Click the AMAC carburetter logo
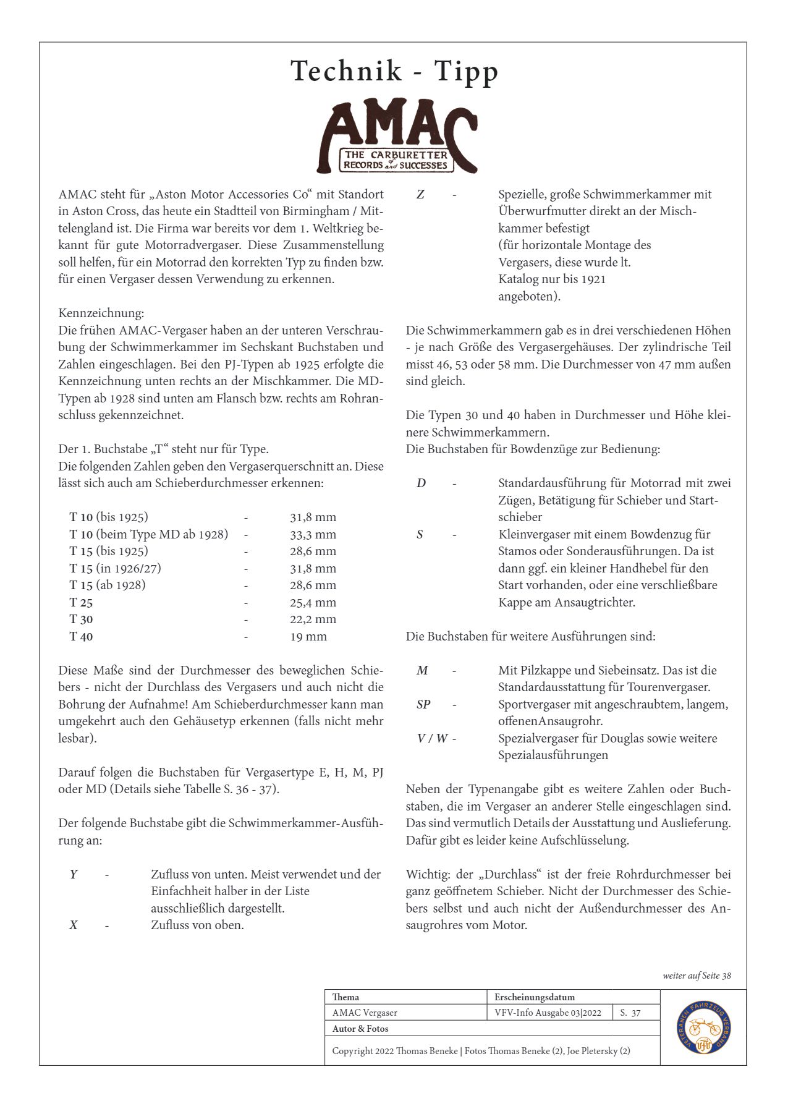[397, 136]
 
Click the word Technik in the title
[346, 70]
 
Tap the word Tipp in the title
[466, 72]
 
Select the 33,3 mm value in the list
[313, 534]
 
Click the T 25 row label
[81, 602]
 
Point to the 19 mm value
[308, 636]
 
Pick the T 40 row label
[81, 636]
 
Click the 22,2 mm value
[313, 619]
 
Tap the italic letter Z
[420, 194]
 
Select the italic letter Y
[74, 874]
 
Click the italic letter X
[74, 925]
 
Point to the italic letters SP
[423, 704]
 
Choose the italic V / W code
[433, 738]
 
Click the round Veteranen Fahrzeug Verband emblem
[703, 1027]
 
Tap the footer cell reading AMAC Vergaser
[365, 1013]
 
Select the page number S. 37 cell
[630, 1013]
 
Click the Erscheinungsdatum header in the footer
[535, 997]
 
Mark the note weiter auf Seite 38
[697, 976]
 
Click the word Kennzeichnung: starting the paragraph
[101, 313]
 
